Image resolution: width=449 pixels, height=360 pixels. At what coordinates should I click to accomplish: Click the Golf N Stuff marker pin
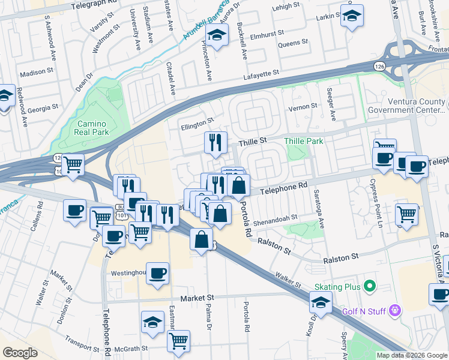tap(394, 310)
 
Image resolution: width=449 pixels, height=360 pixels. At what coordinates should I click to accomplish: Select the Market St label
tap(202, 298)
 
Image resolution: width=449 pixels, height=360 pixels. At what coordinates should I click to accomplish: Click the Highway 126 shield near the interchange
tap(379, 64)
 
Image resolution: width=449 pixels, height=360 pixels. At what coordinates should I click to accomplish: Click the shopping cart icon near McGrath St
tap(178, 341)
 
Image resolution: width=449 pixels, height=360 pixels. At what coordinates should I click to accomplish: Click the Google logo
tap(20, 353)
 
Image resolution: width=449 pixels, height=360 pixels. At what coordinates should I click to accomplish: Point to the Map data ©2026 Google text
tap(412, 355)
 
